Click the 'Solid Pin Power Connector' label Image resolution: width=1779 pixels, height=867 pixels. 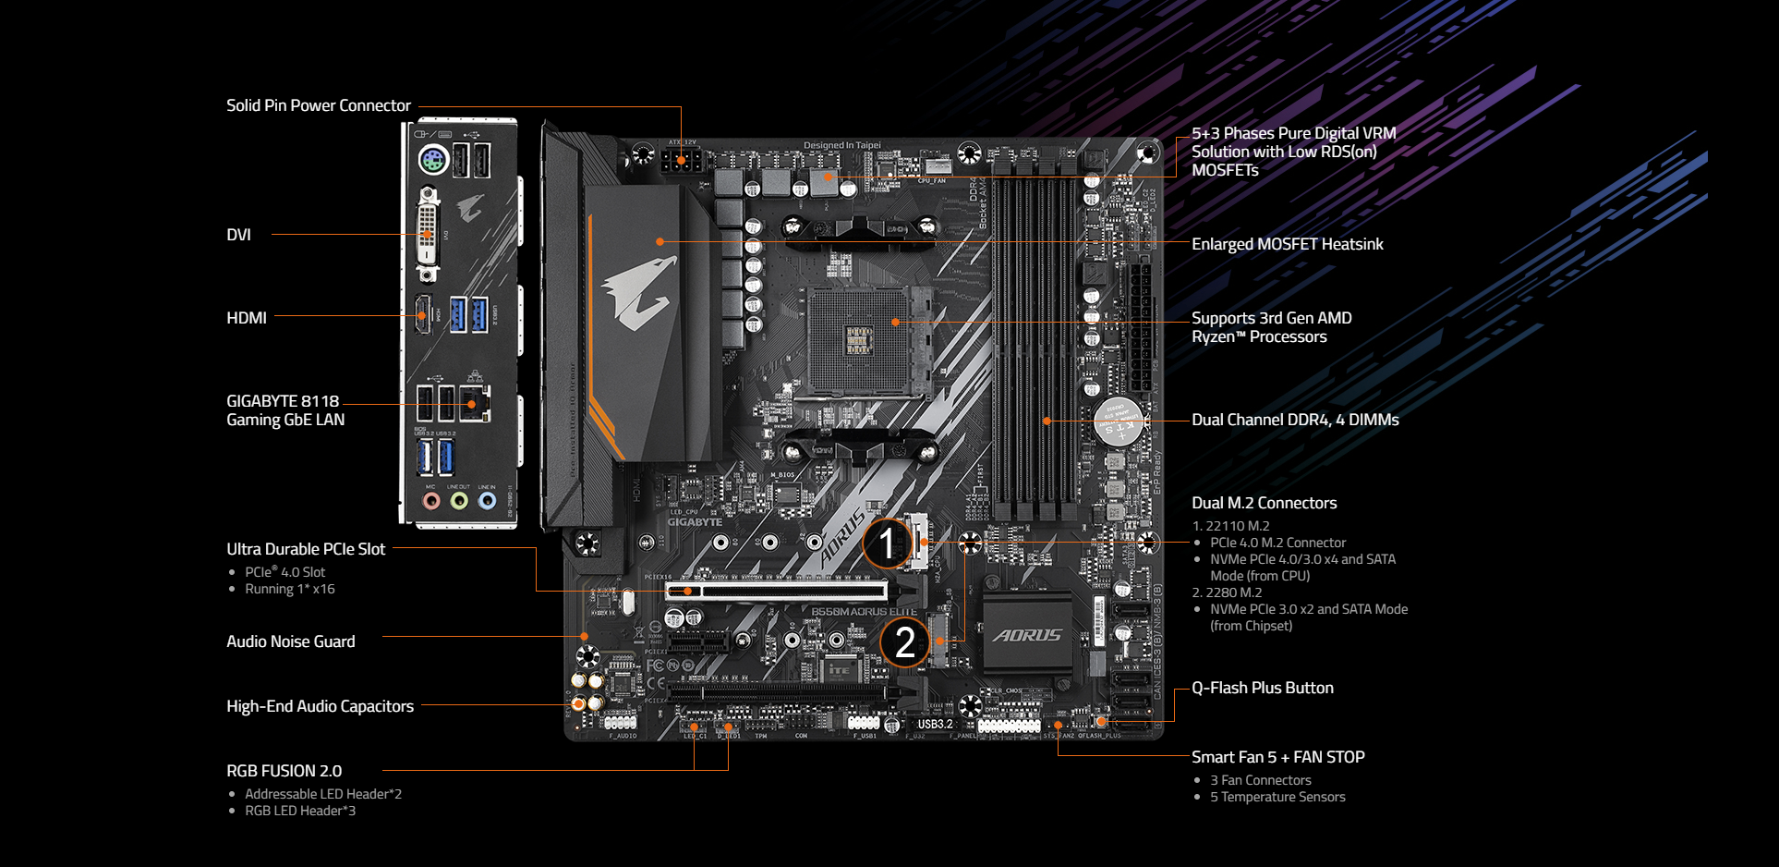point(318,105)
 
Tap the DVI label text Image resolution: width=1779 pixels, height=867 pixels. point(238,235)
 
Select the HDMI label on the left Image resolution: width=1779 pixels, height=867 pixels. point(247,318)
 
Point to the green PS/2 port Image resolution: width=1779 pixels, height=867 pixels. point(432,161)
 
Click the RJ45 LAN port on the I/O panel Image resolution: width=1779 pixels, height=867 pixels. point(475,403)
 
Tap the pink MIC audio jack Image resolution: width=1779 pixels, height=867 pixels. point(430,501)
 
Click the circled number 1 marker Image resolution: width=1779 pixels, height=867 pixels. point(886,543)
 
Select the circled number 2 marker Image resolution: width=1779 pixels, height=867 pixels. point(904,641)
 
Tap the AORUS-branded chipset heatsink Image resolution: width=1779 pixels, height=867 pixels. point(1027,634)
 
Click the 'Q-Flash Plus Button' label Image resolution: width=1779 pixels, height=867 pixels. point(1262,688)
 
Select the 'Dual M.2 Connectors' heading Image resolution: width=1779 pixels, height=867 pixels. point(1264,503)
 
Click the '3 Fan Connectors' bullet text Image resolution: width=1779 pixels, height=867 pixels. point(1260,780)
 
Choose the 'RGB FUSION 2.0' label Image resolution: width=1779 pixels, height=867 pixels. point(284,771)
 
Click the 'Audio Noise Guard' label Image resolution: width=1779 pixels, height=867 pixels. point(290,641)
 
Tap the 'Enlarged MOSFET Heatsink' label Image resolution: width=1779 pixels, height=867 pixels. point(1287,244)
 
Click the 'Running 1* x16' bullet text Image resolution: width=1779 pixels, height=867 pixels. point(289,589)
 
